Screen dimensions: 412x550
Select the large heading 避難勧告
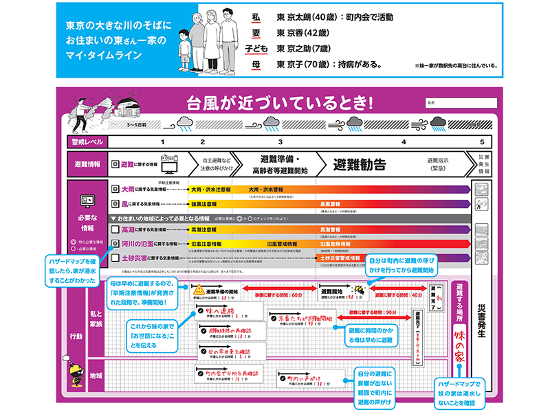coord(359,165)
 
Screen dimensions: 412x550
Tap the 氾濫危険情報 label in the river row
coord(335,244)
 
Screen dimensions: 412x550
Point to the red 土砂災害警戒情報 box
coord(340,258)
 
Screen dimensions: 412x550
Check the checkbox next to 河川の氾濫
coord(115,244)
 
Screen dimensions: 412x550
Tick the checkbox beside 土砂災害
coord(115,257)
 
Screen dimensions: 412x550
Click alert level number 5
coord(481,141)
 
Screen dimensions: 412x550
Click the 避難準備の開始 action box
coord(221,294)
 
